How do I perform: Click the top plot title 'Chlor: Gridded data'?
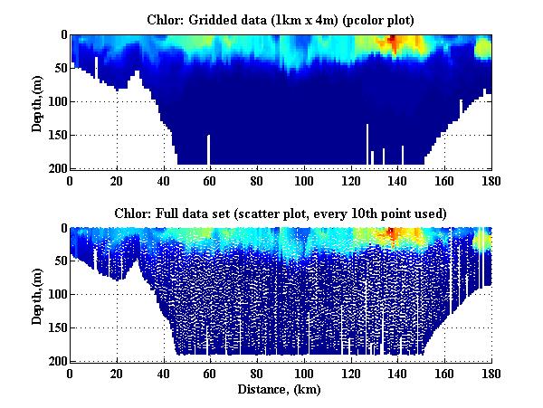tap(281, 19)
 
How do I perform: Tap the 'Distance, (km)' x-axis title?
tap(281, 390)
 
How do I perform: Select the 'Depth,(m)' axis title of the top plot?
tap(37, 100)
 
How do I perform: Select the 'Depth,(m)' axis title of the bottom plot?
tap(37, 294)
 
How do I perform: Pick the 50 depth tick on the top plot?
tap(59, 68)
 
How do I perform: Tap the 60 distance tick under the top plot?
tap(210, 180)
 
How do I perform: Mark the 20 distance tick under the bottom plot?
tap(117, 374)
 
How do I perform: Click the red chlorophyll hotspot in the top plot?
tap(393, 43)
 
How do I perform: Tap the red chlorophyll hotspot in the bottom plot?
tap(393, 235)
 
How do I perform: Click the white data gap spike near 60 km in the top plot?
tap(209, 149)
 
